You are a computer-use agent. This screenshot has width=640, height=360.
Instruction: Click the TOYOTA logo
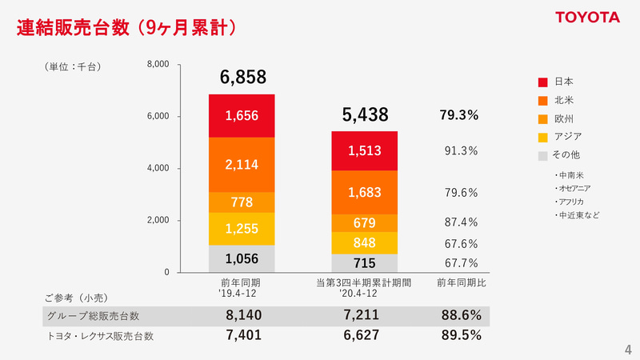[x=588, y=18]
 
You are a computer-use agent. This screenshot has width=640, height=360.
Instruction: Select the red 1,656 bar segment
[x=242, y=116]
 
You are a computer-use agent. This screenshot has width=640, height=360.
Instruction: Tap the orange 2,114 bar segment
[x=242, y=165]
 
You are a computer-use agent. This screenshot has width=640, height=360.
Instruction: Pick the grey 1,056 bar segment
[x=242, y=258]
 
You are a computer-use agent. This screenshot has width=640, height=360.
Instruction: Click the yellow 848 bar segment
[x=365, y=243]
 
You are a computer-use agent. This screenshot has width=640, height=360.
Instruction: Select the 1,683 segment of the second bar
[x=365, y=192]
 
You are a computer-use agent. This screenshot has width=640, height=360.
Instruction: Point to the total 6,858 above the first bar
[x=242, y=77]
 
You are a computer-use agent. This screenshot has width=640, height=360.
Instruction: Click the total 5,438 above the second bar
[x=365, y=115]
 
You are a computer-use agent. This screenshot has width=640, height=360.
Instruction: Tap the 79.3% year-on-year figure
[x=459, y=115]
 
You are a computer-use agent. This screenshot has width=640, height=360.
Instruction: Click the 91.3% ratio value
[x=461, y=150]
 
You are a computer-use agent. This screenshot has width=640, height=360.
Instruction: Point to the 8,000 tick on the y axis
[x=158, y=64]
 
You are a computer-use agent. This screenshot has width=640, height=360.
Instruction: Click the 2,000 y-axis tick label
[x=158, y=220]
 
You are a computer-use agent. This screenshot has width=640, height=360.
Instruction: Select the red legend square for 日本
[x=542, y=82]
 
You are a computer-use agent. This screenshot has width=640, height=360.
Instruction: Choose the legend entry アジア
[x=566, y=137]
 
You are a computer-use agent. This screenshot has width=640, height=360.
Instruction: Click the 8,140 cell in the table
[x=244, y=316]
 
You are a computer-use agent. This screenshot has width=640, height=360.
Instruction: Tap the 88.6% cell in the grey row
[x=461, y=316]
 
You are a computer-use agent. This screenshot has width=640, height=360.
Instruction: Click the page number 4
[x=627, y=349]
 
